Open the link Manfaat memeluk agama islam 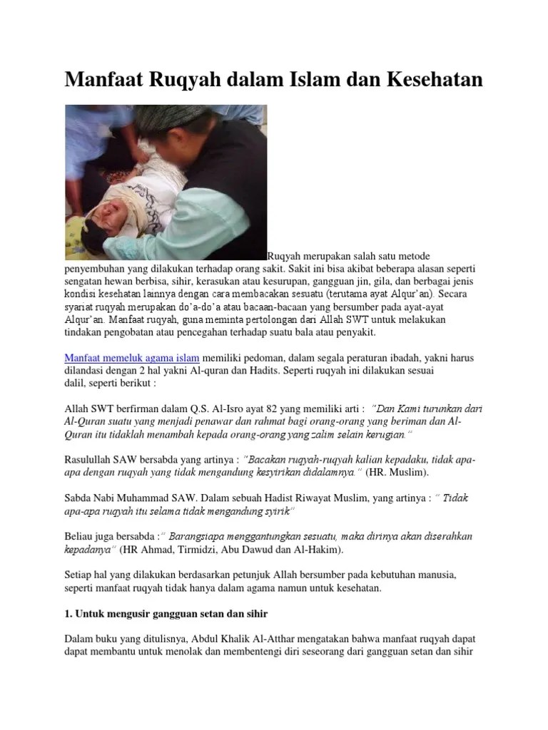tap(132, 356)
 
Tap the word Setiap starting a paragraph tap(80, 575)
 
